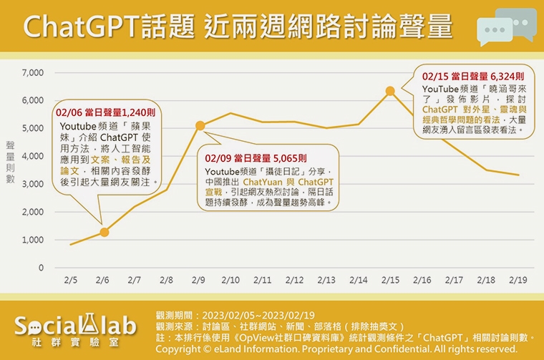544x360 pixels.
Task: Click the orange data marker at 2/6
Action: (x=105, y=232)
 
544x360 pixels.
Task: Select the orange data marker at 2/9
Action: (x=200, y=126)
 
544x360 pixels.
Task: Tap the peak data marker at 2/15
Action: (x=390, y=91)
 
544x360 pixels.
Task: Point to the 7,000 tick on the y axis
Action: (x=34, y=73)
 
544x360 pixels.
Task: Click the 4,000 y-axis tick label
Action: (x=34, y=156)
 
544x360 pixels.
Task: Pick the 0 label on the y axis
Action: (x=41, y=268)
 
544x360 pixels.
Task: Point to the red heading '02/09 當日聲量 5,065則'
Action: (x=256, y=157)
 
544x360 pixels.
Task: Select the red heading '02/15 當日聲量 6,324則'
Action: (x=473, y=75)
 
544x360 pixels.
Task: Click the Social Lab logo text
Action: (x=75, y=326)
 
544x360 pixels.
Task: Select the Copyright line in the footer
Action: (x=336, y=348)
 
